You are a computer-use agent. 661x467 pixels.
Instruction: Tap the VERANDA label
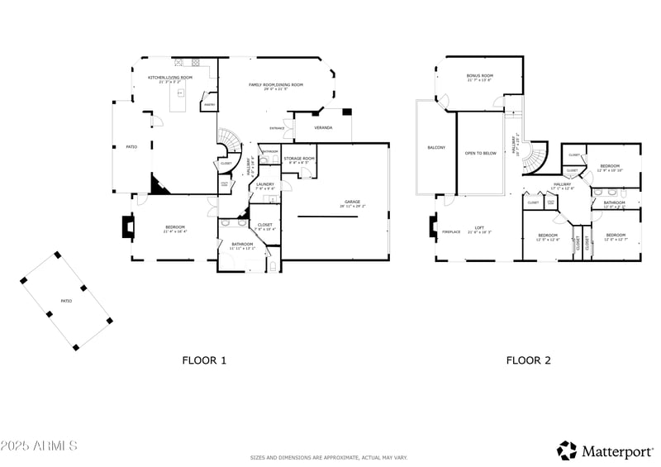pyautogui.click(x=323, y=128)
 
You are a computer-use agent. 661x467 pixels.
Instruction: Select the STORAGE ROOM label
pyautogui.click(x=299, y=158)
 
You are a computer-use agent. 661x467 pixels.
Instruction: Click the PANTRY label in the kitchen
pyautogui.click(x=209, y=105)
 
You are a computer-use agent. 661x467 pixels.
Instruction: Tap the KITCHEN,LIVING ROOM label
pyautogui.click(x=170, y=78)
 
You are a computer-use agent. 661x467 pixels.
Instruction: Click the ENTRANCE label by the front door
pyautogui.click(x=278, y=128)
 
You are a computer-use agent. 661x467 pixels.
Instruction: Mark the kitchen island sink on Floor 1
pyautogui.click(x=178, y=93)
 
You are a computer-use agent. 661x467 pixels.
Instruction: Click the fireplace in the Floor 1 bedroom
pyautogui.click(x=128, y=226)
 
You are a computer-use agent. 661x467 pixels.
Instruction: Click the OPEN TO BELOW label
pyautogui.click(x=481, y=153)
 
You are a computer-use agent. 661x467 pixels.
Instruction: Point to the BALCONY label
pyautogui.click(x=436, y=147)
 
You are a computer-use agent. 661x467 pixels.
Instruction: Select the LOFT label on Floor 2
pyautogui.click(x=479, y=230)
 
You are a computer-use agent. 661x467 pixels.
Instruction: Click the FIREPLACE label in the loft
pyautogui.click(x=451, y=231)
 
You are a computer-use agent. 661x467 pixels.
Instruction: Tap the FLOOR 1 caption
pyautogui.click(x=204, y=360)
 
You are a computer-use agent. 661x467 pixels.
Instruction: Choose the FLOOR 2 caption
pyautogui.click(x=529, y=360)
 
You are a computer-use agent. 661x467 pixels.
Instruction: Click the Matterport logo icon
pyautogui.click(x=567, y=450)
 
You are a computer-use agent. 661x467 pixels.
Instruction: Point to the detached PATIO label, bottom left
pyautogui.click(x=65, y=301)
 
